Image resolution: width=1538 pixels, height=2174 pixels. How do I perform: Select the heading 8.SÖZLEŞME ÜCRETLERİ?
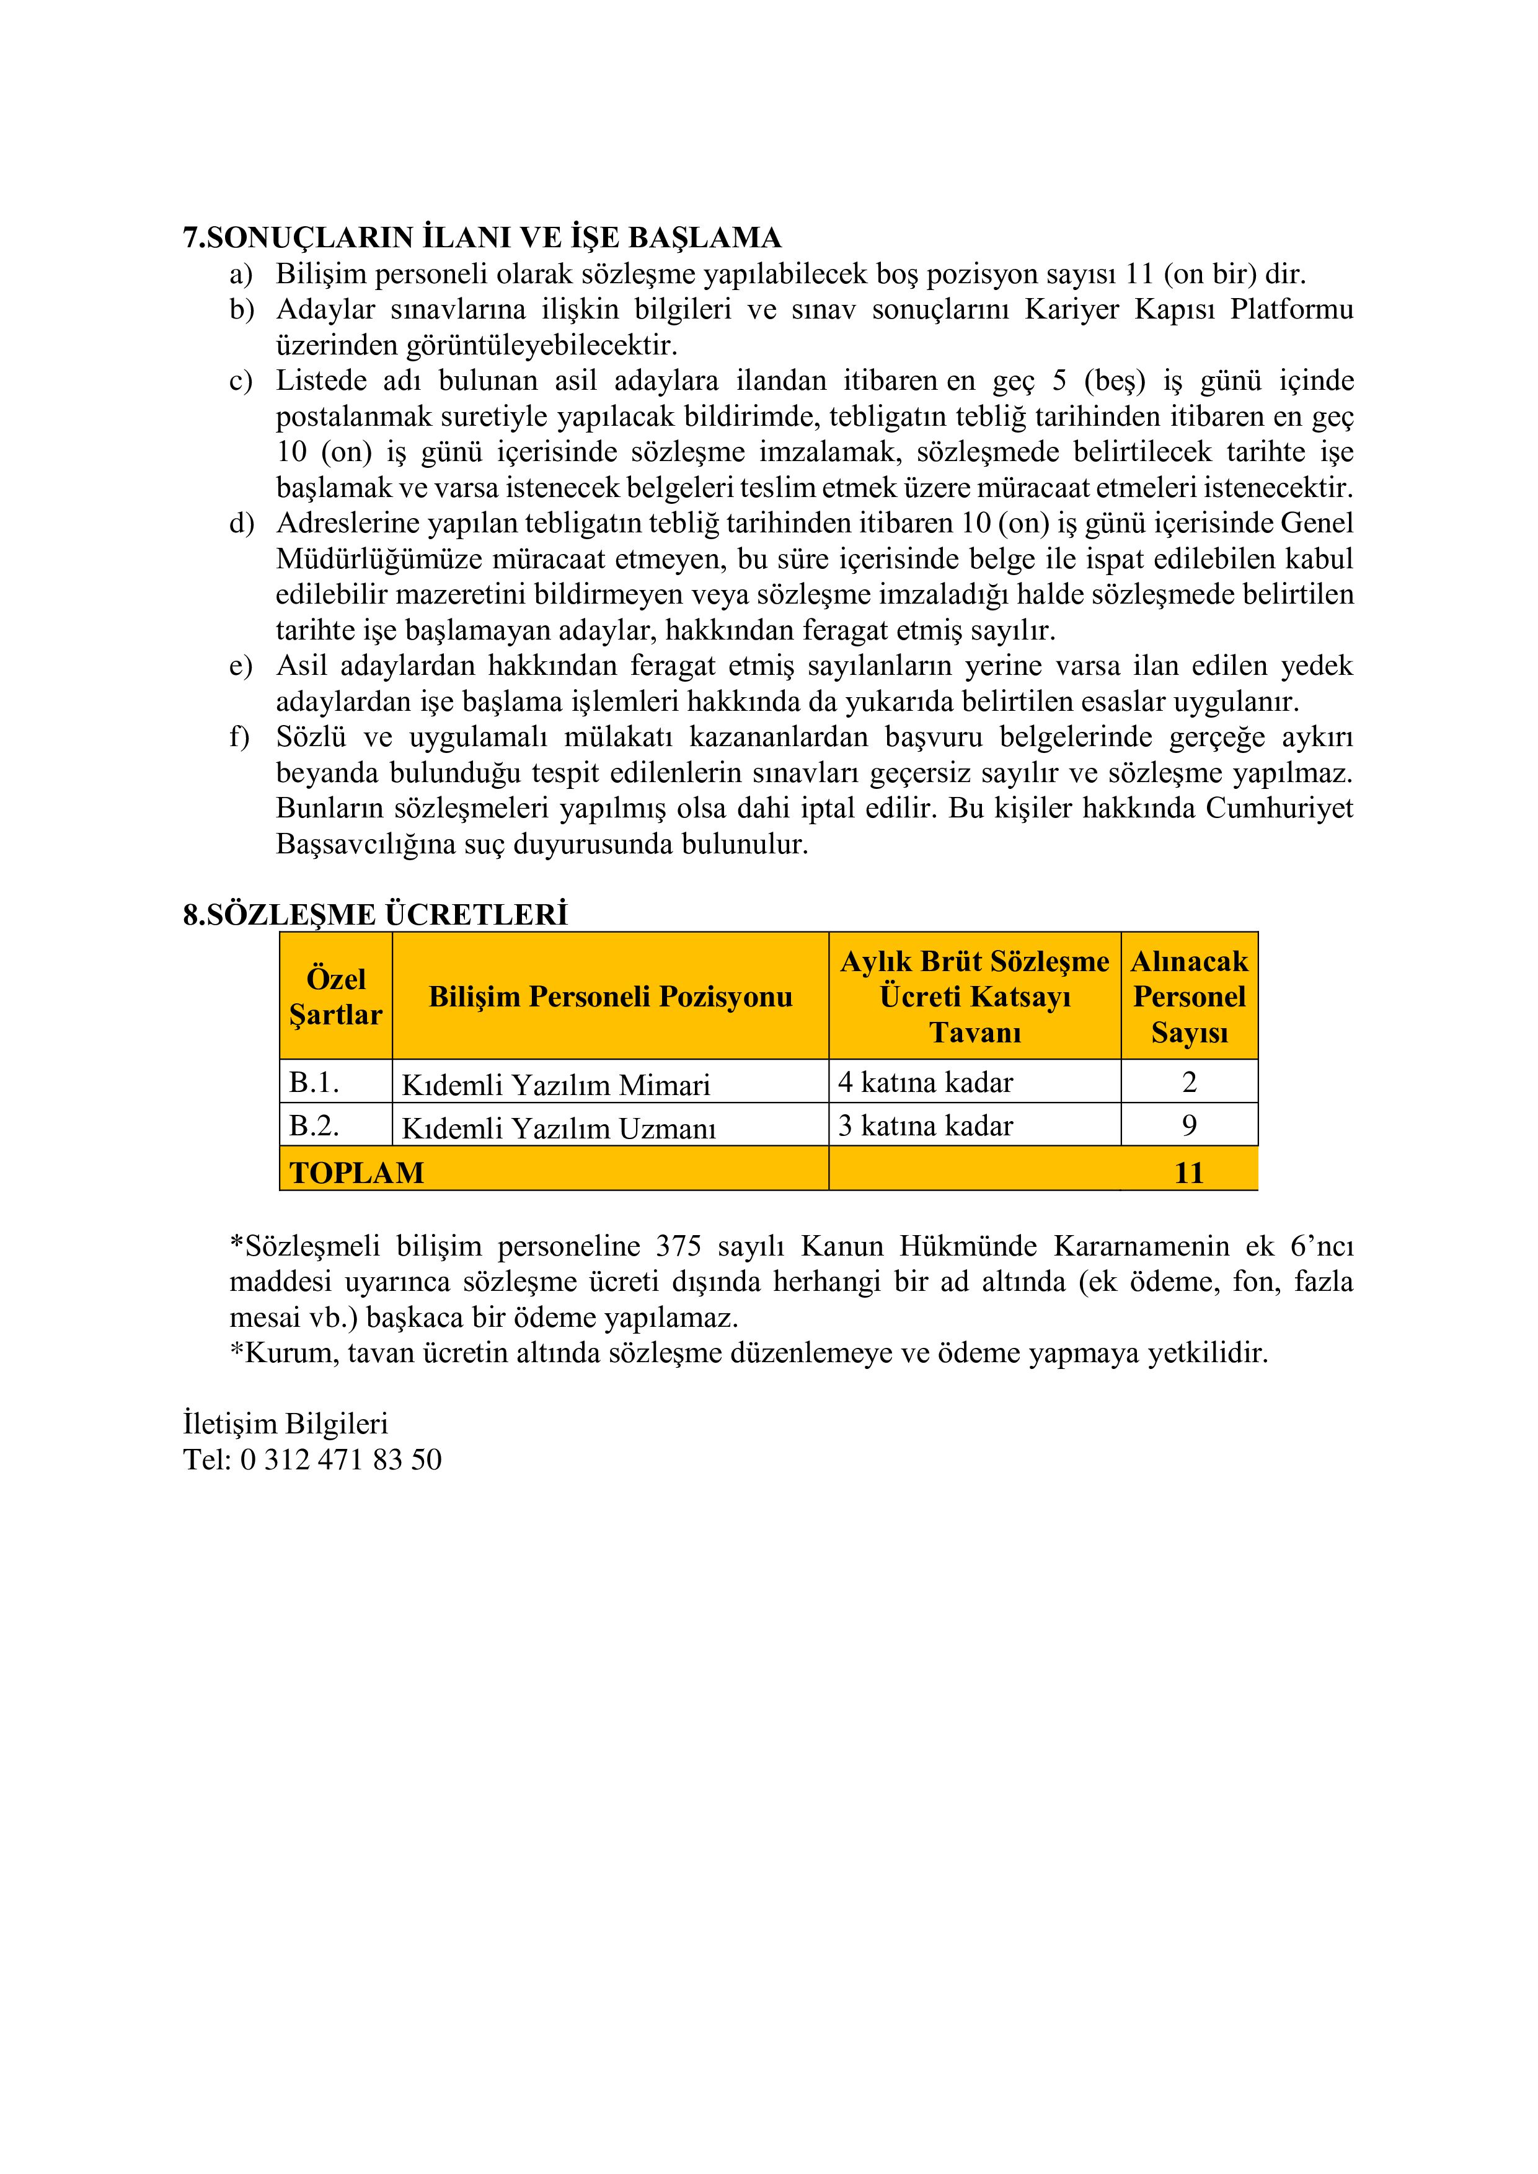tap(375, 915)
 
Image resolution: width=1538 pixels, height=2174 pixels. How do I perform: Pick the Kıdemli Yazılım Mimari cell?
tap(556, 1084)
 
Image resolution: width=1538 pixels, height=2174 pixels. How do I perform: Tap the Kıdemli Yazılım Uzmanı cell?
tap(559, 1128)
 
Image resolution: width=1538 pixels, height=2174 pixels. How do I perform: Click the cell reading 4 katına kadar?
tap(926, 1082)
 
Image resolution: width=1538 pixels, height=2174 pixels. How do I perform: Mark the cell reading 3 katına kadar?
tap(926, 1126)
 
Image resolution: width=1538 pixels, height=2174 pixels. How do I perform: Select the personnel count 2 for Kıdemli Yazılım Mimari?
tap(1190, 1082)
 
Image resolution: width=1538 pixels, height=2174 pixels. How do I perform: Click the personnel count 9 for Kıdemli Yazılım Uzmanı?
tap(1190, 1126)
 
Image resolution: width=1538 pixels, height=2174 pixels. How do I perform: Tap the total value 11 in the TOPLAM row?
tap(1188, 1173)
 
